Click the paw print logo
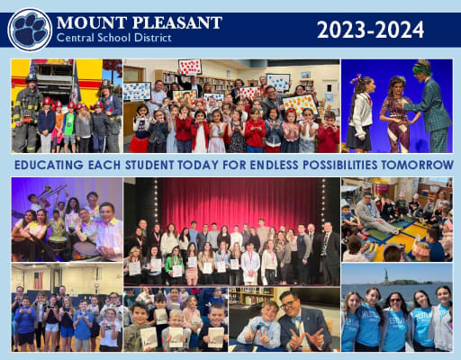pos(30,29)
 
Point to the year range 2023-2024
pos(370,29)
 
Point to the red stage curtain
pos(239,202)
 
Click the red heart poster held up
pos(189,67)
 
